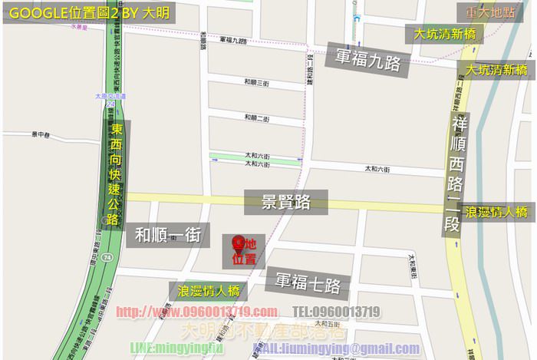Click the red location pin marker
click(239, 243)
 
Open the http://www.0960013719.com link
click(196, 312)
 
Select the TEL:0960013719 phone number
click(337, 312)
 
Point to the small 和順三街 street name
click(255, 82)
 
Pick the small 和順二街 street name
click(255, 118)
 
